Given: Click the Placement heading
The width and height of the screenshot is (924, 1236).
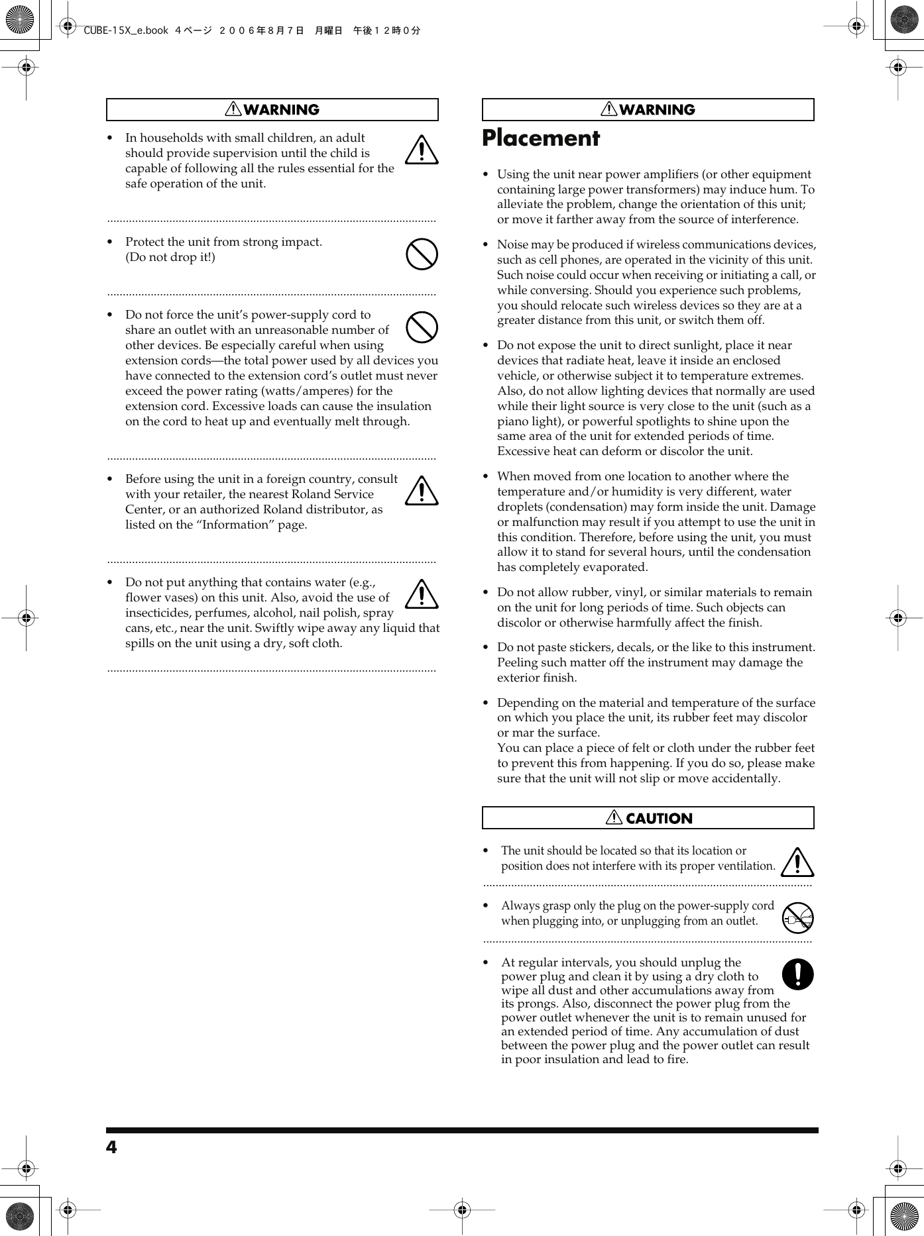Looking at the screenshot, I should click(x=540, y=138).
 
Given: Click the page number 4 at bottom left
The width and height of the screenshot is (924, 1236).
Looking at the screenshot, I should click(x=111, y=1147).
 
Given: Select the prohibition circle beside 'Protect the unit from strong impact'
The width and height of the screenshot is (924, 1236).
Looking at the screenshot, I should click(x=422, y=254).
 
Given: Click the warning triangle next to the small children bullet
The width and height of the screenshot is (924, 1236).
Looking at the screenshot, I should click(x=422, y=150).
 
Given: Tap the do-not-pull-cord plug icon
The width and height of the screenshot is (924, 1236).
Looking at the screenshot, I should click(x=797, y=918).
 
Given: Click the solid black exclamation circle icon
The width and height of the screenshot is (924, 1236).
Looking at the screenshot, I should click(x=797, y=974).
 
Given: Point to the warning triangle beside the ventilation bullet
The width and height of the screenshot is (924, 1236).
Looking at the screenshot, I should click(x=797, y=862).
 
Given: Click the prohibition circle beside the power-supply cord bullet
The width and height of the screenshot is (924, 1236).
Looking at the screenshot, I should click(x=422, y=327).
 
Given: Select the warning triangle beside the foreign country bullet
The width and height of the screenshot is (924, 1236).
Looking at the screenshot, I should click(x=422, y=491).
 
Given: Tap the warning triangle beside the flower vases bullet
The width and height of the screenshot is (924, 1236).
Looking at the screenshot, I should click(x=422, y=595).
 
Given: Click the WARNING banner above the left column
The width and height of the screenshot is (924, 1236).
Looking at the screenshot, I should click(x=272, y=110).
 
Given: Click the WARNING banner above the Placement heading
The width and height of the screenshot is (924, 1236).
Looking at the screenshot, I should click(x=648, y=110).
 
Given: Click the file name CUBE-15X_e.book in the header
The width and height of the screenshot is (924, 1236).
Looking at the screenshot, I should click(x=126, y=30).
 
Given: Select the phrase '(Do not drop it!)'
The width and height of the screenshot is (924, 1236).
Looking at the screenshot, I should click(x=170, y=257).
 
